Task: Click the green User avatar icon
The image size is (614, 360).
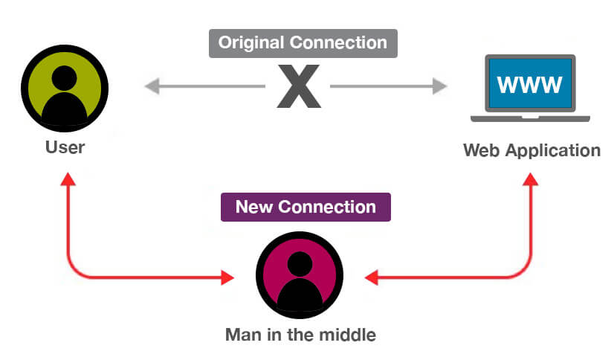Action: click(65, 89)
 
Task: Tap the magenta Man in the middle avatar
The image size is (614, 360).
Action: click(299, 276)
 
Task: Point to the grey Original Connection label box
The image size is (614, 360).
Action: click(303, 43)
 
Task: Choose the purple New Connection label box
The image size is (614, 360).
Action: click(306, 206)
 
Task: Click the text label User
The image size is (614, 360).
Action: click(65, 147)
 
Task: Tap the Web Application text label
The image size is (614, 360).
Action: click(531, 150)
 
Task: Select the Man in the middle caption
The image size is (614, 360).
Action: click(300, 334)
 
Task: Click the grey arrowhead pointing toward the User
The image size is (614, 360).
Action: click(152, 87)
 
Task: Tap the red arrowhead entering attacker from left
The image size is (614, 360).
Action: click(227, 277)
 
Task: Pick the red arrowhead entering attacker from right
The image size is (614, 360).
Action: click(372, 277)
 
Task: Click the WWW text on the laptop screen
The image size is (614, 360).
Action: click(529, 84)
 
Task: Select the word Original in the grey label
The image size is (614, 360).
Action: click(250, 43)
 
